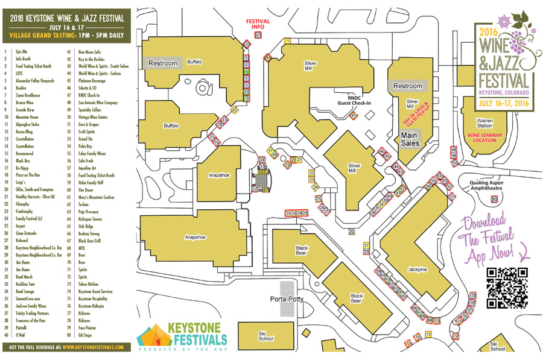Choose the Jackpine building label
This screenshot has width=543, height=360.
coord(419,270)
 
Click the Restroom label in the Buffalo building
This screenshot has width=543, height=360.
coord(163,63)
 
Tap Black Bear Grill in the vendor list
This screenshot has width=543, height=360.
coord(91,239)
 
